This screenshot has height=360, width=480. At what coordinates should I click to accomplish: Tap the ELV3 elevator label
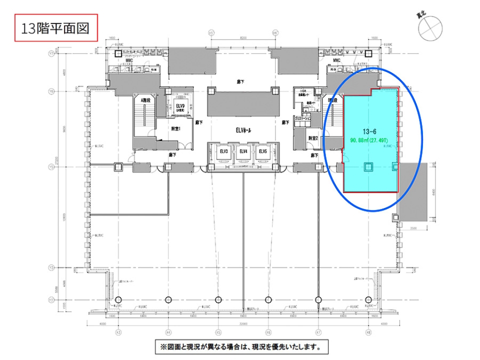click(x=223, y=151)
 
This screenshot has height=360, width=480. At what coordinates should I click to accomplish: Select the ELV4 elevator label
click(x=243, y=151)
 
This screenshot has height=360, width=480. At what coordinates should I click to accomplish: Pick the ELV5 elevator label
click(x=262, y=151)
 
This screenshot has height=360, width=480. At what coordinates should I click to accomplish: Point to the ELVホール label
click(x=243, y=130)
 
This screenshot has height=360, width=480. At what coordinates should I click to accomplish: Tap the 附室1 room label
click(x=175, y=128)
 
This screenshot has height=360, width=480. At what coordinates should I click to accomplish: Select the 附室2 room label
click(x=313, y=138)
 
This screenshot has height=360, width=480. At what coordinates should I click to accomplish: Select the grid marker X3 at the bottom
click(x=118, y=331)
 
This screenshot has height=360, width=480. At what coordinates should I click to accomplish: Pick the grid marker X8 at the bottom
click(x=368, y=331)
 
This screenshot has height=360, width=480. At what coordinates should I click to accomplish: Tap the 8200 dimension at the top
click(x=243, y=38)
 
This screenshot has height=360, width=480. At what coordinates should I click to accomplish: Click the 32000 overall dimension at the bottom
click(x=243, y=323)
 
